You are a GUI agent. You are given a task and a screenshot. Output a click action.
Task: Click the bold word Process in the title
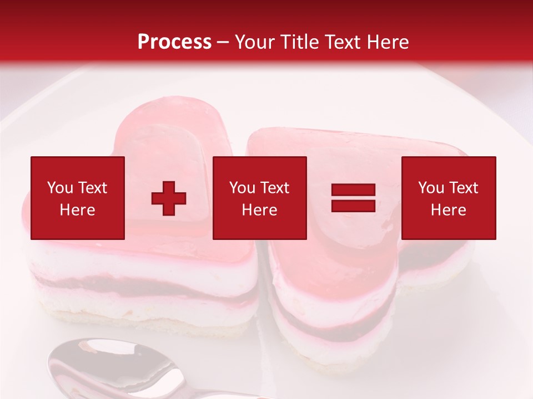[174, 42]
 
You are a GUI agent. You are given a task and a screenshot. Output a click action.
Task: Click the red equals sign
[353, 198]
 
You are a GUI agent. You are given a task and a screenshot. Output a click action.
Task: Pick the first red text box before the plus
[78, 198]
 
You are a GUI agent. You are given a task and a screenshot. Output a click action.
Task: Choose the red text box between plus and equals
[259, 198]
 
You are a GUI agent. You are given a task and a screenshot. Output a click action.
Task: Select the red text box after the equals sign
[448, 198]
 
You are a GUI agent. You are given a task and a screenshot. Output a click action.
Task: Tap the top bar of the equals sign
[353, 190]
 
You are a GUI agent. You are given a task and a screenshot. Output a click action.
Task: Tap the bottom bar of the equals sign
[353, 206]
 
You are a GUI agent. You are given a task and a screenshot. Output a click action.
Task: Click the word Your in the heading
[255, 42]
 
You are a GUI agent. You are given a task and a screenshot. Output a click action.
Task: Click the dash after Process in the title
[223, 43]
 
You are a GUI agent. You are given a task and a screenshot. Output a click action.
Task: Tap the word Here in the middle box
[259, 210]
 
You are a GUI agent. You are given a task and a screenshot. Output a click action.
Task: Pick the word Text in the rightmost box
[462, 188]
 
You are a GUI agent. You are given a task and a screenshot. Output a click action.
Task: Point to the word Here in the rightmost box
[448, 210]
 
